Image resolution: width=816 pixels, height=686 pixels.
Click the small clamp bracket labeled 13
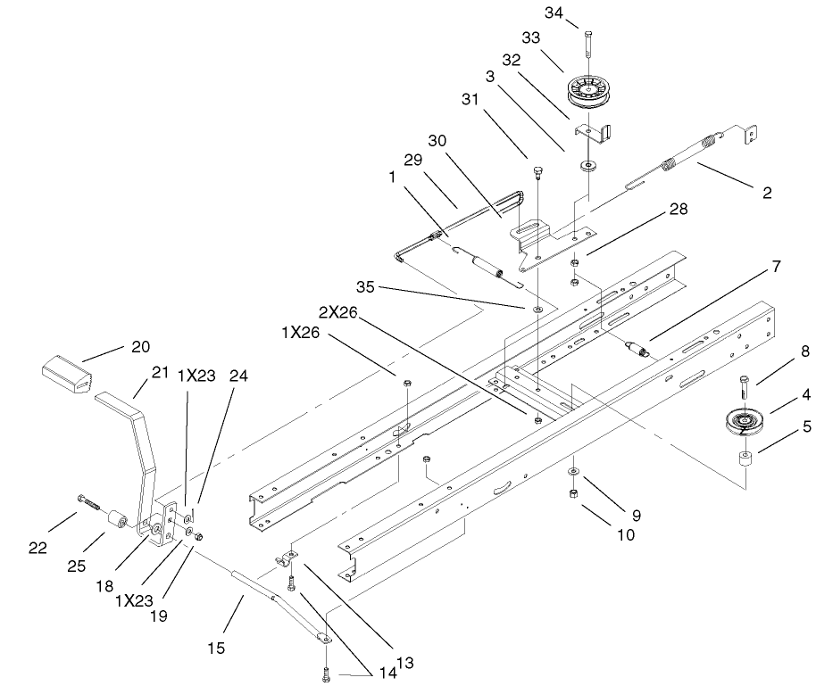(x=287, y=560)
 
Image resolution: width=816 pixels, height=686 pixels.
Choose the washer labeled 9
(x=570, y=470)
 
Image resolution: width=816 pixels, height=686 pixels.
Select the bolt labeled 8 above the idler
(x=743, y=386)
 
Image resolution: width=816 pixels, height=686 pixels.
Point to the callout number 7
(x=776, y=267)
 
